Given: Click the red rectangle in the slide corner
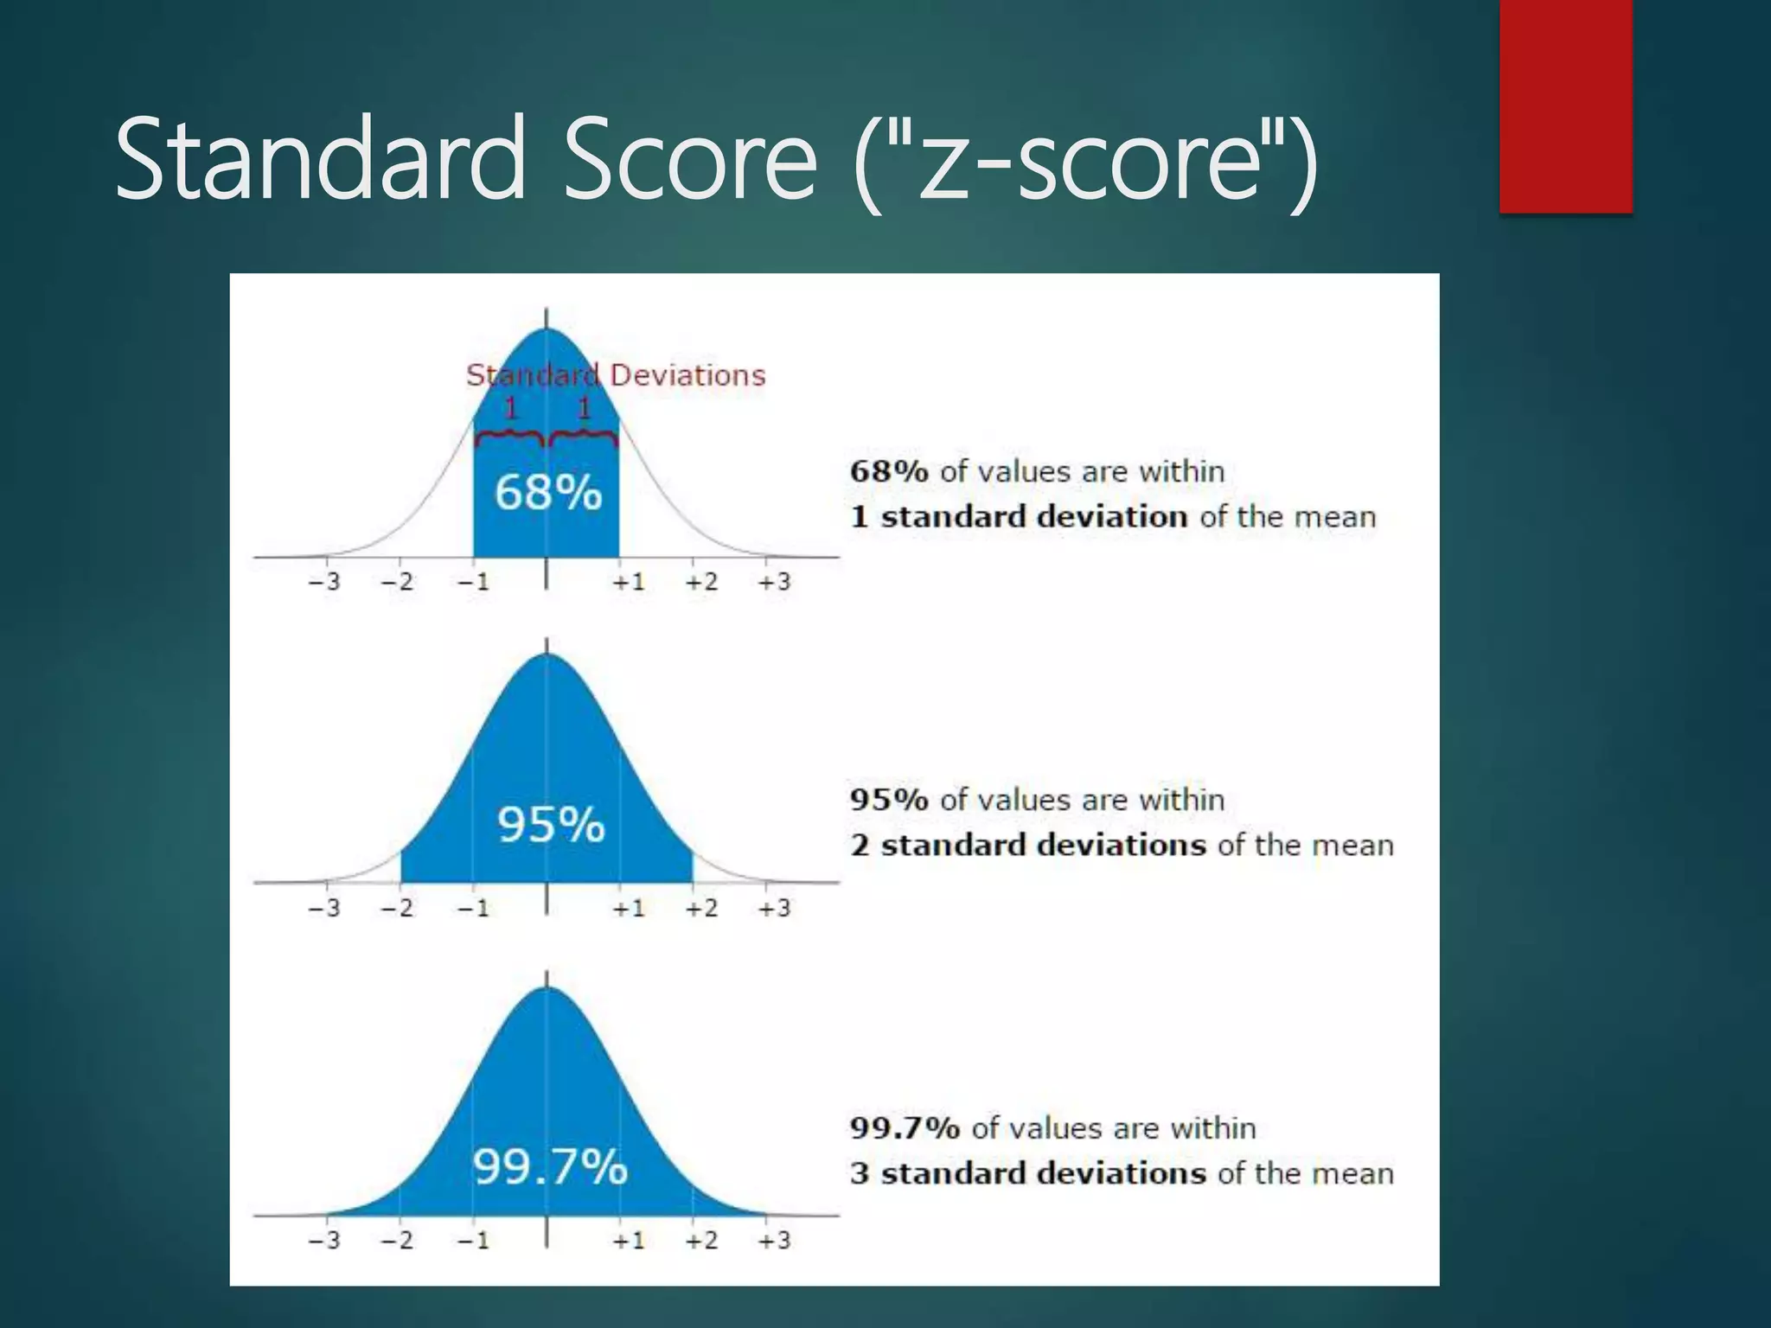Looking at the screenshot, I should [x=1565, y=105].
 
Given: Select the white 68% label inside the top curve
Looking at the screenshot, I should [x=548, y=493].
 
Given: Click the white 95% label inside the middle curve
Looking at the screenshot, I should [x=551, y=824].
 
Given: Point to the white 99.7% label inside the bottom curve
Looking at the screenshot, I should [x=550, y=1167].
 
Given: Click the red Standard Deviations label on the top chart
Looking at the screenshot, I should [x=616, y=375].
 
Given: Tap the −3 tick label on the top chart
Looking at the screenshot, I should [x=324, y=582].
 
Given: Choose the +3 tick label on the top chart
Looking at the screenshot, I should [x=774, y=582].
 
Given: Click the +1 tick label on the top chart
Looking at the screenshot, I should [x=629, y=582].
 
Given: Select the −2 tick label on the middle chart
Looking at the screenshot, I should [x=398, y=909].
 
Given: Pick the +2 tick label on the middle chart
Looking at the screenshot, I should [x=701, y=909].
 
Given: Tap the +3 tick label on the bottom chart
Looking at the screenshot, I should [x=774, y=1241].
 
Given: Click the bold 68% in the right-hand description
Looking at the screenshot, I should [x=889, y=471].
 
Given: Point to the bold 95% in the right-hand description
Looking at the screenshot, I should [x=889, y=800].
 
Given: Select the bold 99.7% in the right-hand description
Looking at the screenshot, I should [x=905, y=1128].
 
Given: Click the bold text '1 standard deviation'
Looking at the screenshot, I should [x=1019, y=517].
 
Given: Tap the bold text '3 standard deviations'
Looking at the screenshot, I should [x=1027, y=1173].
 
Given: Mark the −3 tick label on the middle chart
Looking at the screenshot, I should [x=324, y=909].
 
